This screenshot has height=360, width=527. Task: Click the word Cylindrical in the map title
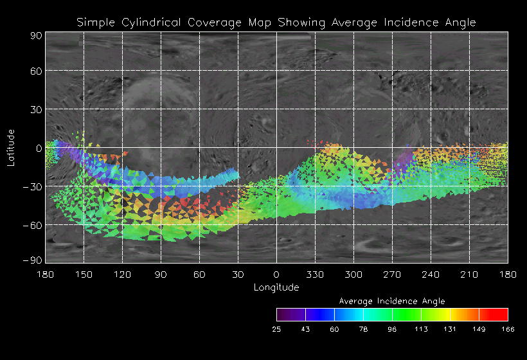pos(151,22)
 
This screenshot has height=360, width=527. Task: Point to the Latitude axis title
pos(11,147)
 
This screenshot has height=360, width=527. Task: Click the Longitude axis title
pos(276,287)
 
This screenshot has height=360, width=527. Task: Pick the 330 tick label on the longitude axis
pos(315,274)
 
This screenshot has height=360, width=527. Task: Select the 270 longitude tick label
pos(392,274)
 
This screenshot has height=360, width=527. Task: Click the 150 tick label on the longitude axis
pos(84,274)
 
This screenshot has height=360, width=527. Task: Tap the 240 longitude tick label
pos(431,274)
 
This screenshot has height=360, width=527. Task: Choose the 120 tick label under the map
pos(122,274)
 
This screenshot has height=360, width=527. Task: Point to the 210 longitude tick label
pos(469,274)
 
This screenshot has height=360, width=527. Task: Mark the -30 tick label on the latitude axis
pos(31,186)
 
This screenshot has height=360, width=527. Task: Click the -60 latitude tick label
pos(31,225)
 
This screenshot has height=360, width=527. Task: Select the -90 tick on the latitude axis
pos(31,260)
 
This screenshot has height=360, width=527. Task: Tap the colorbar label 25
pos(276,329)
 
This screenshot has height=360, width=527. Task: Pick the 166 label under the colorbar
pos(508,329)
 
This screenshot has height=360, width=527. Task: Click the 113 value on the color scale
pos(421,329)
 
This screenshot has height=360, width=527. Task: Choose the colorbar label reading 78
pos(363,329)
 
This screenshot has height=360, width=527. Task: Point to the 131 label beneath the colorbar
pos(450,329)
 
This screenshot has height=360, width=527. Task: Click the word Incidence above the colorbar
pos(401,301)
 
